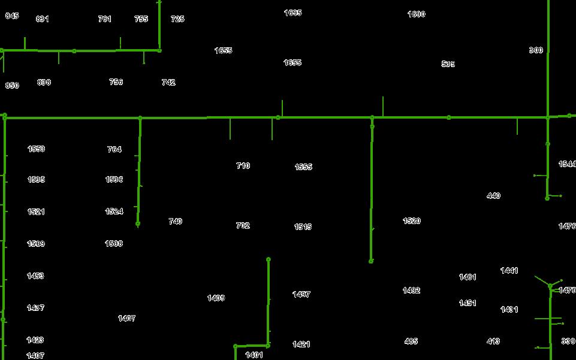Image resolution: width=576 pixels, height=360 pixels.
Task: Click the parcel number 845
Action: tap(12, 16)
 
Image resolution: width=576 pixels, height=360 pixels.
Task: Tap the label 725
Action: tap(177, 19)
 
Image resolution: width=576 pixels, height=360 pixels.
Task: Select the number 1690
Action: tap(417, 14)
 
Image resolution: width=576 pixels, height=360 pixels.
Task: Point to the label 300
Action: tap(536, 50)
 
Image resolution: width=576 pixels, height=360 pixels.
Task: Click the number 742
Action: tap(168, 83)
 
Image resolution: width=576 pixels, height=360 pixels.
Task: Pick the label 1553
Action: tap(36, 149)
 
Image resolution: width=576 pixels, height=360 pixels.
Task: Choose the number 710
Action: tap(243, 166)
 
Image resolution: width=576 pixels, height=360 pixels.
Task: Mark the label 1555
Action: tap(303, 167)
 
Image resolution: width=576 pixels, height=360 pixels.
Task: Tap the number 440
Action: tap(493, 196)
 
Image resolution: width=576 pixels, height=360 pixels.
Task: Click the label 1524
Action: tap(114, 211)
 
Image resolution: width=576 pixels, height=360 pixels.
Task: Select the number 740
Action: tap(175, 222)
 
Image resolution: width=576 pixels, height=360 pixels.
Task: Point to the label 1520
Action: tap(412, 221)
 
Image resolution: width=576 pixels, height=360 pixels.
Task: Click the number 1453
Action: tap(35, 276)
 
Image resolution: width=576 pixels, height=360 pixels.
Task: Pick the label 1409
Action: tap(216, 298)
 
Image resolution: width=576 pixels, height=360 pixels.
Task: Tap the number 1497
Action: tap(301, 295)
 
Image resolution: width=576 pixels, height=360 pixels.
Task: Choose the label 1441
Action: tap(509, 271)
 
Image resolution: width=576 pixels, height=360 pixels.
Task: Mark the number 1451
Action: tap(468, 303)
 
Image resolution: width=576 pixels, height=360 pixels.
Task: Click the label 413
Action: tap(493, 341)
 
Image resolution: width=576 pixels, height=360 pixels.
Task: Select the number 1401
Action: tap(254, 355)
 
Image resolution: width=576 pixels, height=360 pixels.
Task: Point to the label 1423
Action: tap(35, 340)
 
